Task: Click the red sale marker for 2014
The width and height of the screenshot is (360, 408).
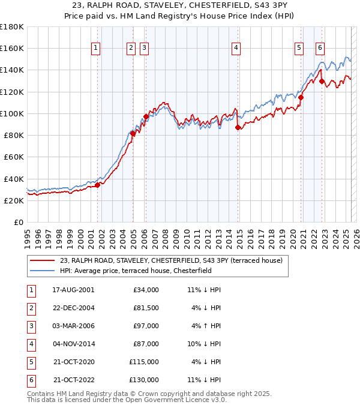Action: pyautogui.click(x=238, y=127)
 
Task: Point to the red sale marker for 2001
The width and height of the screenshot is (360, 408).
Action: pyautogui.click(x=97, y=185)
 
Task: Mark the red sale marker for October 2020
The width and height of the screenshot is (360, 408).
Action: pyautogui.click(x=301, y=97)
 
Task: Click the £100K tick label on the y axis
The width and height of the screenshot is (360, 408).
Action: pyautogui.click(x=11, y=113)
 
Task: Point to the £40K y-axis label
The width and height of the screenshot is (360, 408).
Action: pyautogui.click(x=13, y=179)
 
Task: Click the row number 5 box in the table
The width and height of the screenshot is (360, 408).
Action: pyautogui.click(x=30, y=362)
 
